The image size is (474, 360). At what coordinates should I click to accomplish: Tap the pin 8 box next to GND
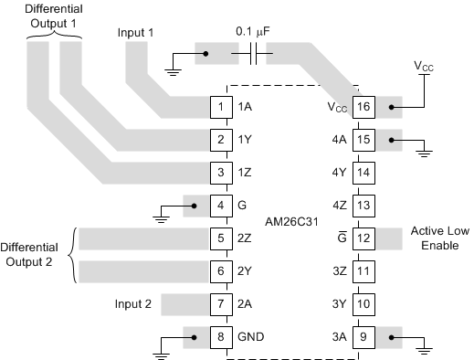221,338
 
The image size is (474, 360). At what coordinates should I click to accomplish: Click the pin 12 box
364,239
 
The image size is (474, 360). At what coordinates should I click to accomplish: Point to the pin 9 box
364,338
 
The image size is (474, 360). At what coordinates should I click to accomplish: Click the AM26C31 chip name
292,222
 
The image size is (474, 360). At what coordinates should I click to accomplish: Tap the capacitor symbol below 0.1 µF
255,57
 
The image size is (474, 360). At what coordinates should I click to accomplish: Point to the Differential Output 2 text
34,255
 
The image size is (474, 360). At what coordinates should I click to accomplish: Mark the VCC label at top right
425,69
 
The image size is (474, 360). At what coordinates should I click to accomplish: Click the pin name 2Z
246,239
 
